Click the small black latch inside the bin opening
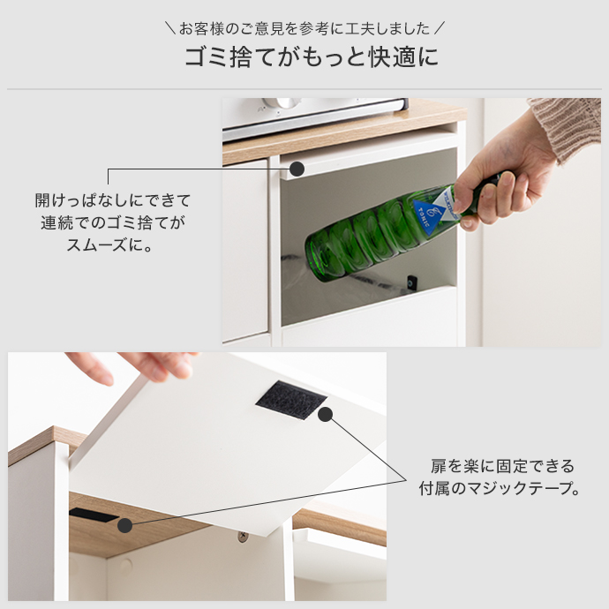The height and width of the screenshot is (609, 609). point(411,282)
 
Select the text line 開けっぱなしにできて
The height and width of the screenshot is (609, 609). point(113,200)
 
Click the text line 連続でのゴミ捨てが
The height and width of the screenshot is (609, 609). point(113,222)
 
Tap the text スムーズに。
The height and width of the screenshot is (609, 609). point(113,244)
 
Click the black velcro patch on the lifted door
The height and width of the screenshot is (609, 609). point(290,400)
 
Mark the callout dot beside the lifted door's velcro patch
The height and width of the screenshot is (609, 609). point(325,414)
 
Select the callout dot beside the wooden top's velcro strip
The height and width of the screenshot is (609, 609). point(124,525)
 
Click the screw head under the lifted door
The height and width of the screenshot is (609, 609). point(241,535)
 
